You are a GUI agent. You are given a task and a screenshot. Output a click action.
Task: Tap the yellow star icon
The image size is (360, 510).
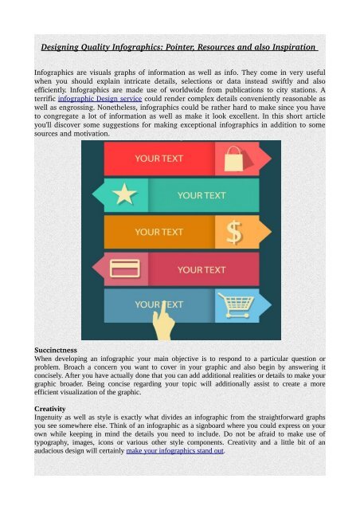tap(123, 194)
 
